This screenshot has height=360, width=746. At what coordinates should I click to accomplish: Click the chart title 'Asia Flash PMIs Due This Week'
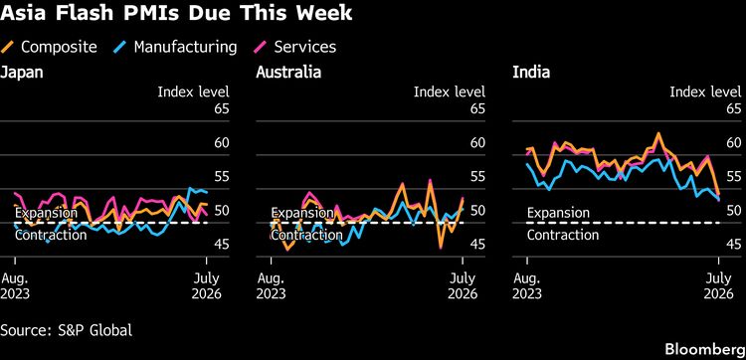[176, 13]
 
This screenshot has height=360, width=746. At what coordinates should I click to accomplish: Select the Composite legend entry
[49, 47]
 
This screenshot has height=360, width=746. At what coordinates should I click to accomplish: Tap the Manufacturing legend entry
[175, 47]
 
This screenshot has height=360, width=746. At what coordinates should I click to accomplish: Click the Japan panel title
[22, 73]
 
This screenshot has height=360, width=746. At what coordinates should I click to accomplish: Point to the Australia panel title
[288, 73]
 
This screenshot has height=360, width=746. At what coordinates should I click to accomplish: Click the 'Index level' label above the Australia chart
[450, 91]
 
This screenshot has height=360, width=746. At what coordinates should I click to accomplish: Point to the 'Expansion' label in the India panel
[558, 213]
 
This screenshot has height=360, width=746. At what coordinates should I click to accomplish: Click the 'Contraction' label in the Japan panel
[51, 235]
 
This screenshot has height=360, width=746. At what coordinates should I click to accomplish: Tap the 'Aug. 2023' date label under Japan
[15, 285]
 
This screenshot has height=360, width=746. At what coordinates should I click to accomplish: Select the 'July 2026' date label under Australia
[463, 285]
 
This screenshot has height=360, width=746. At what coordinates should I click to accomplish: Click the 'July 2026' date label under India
[718, 285]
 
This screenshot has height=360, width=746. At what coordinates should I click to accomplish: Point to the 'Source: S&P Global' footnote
[66, 330]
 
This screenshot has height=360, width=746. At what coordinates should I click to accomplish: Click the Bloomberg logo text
[705, 349]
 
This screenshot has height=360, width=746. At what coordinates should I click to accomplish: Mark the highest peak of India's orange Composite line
[658, 133]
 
